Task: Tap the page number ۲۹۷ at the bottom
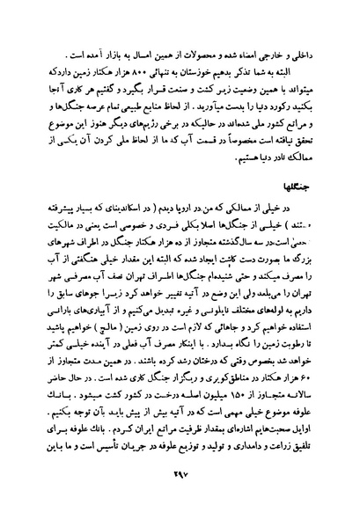tap(182, 498)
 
